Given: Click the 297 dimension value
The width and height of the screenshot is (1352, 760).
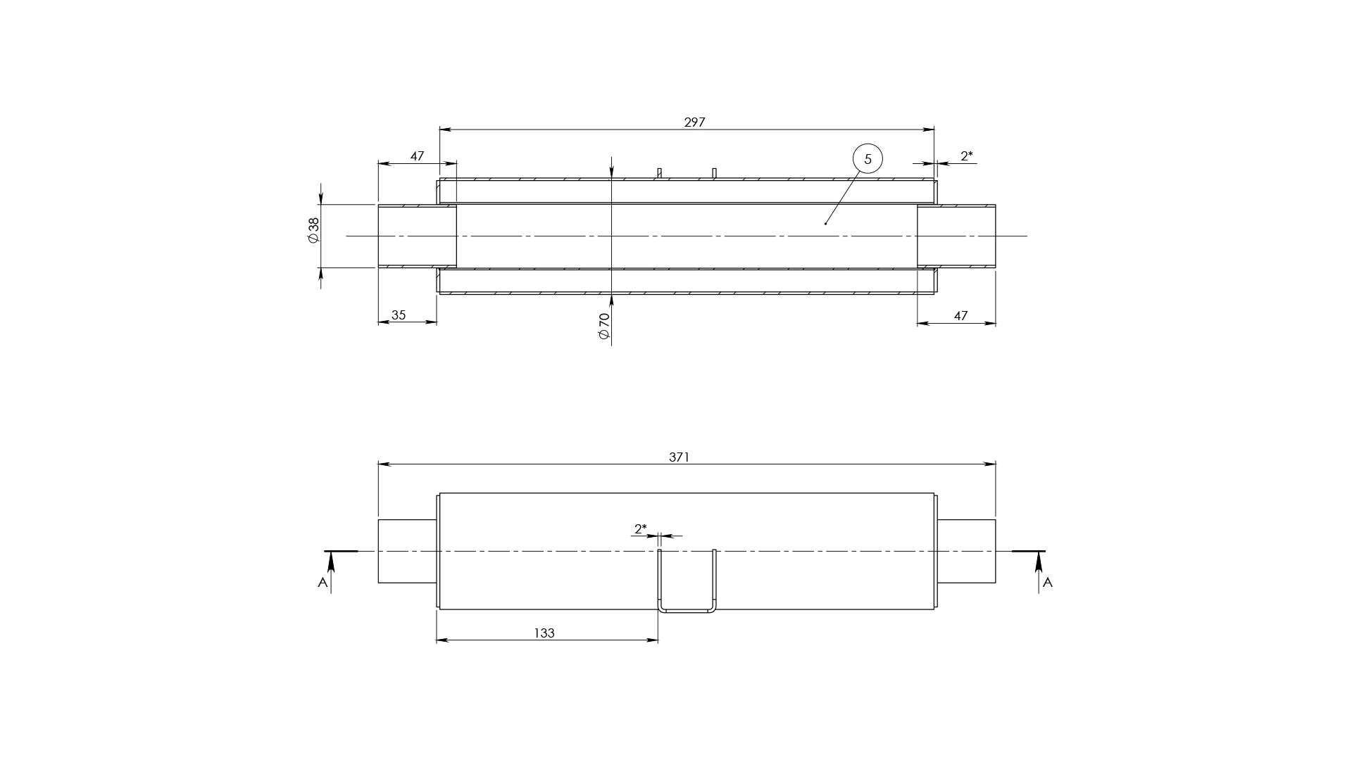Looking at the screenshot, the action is [x=694, y=122].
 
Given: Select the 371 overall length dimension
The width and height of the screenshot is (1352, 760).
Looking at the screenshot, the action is [x=679, y=457].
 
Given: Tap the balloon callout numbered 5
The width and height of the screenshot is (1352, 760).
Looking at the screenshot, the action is [x=867, y=159].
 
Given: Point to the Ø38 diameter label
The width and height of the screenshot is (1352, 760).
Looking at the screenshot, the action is [x=313, y=229].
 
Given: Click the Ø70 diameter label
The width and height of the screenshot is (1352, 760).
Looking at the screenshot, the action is [x=603, y=327].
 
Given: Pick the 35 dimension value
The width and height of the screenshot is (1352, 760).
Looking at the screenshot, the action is [x=399, y=315].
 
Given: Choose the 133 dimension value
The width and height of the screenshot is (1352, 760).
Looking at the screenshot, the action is [x=544, y=633].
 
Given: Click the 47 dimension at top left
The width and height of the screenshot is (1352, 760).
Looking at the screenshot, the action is [x=417, y=156].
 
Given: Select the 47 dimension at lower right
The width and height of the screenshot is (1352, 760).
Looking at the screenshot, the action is [x=960, y=316].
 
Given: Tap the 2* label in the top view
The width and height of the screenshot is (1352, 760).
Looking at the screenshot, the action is [x=967, y=156].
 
